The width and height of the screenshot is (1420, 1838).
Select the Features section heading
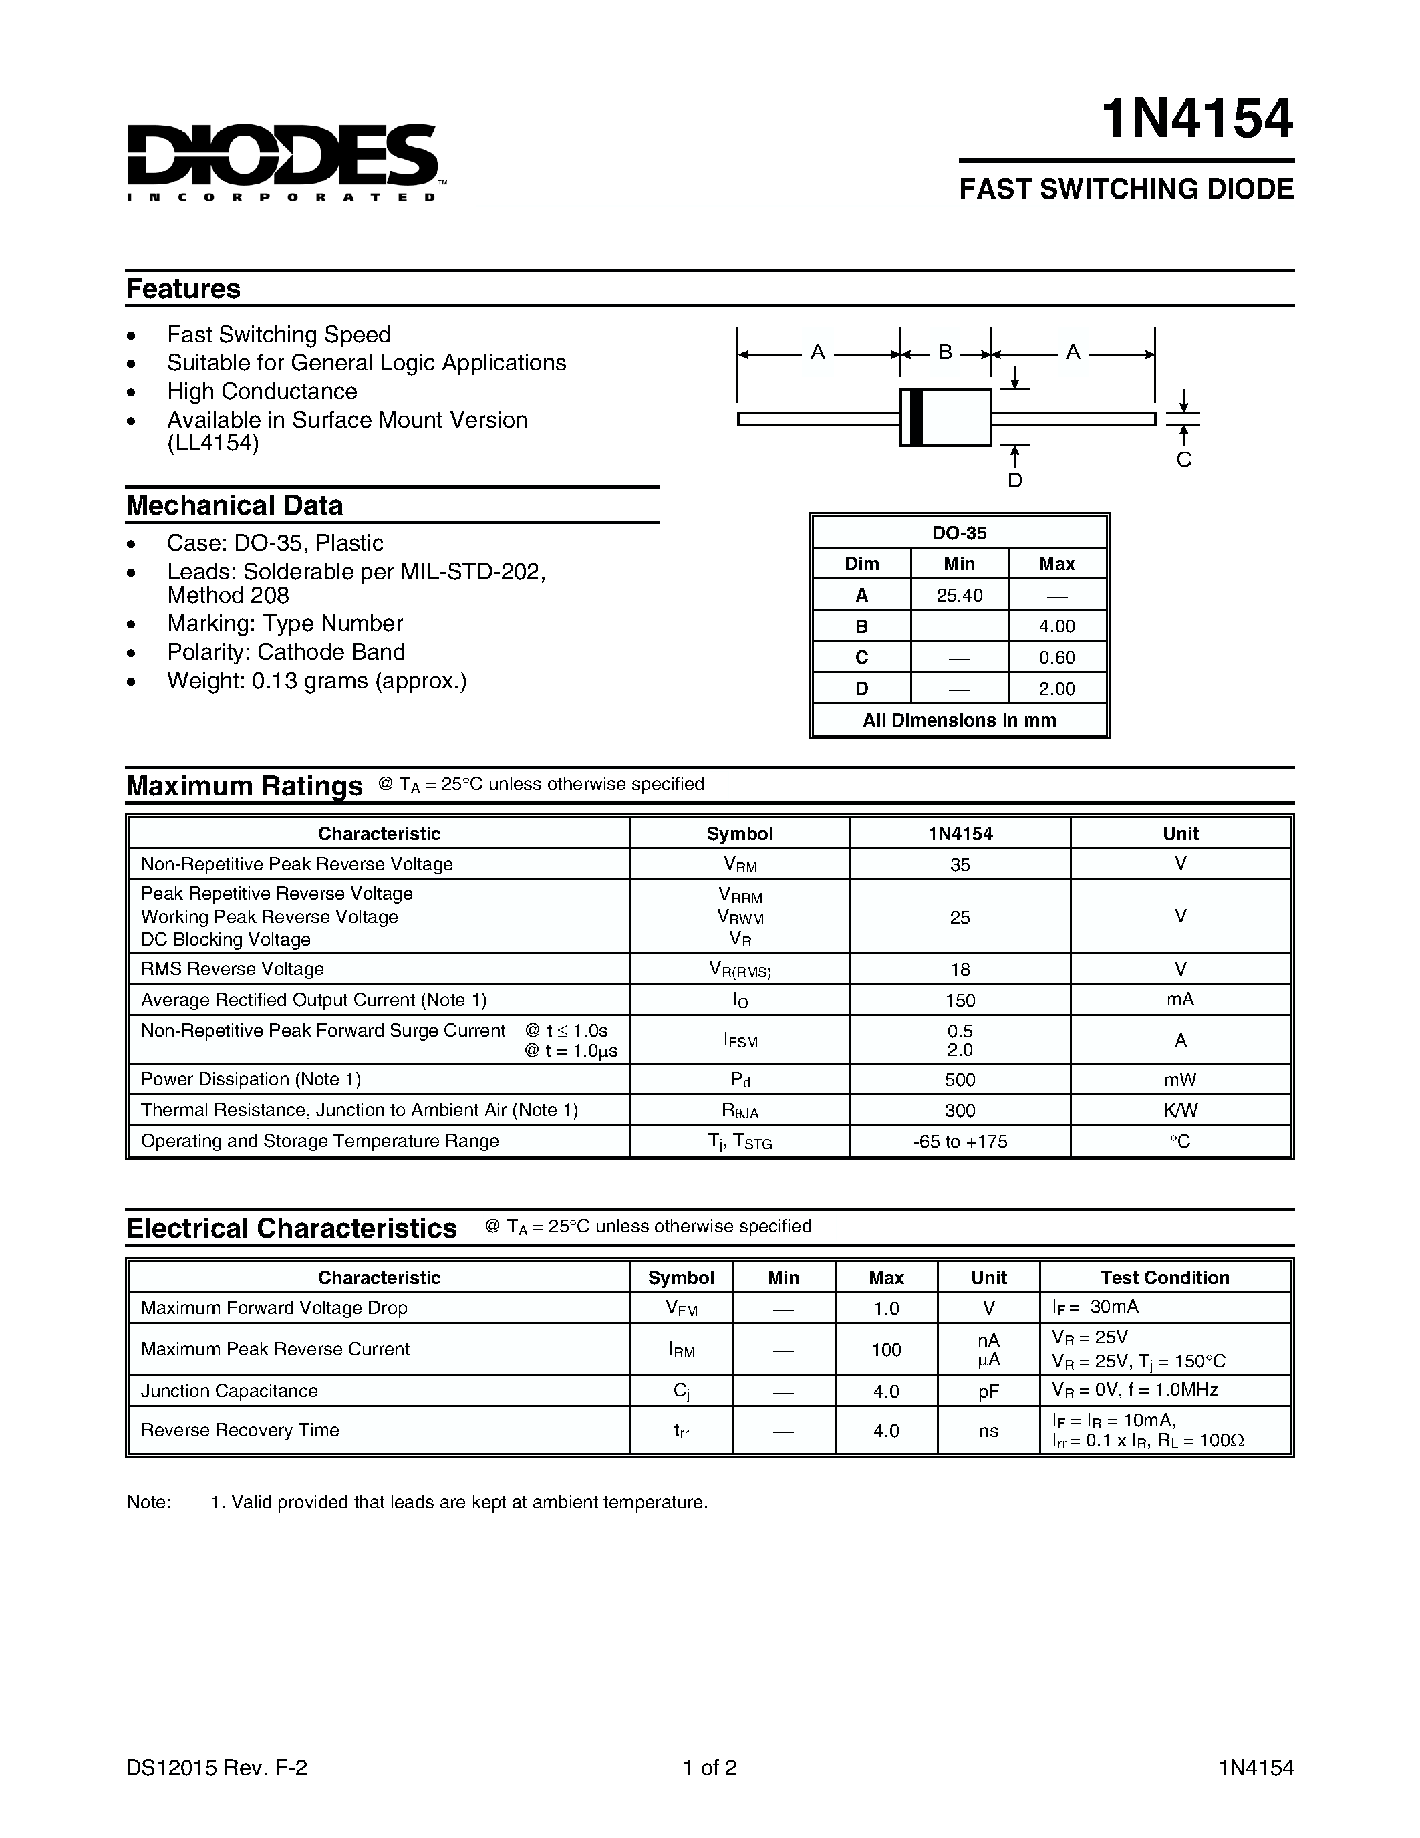coord(182,289)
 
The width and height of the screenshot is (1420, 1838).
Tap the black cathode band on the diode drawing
coord(916,418)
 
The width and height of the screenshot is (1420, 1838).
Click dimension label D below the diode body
coord(1014,481)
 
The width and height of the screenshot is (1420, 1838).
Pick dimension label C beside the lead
coord(1183,460)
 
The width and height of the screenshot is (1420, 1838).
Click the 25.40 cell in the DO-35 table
coord(959,595)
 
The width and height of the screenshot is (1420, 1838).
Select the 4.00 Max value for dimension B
coord(1056,626)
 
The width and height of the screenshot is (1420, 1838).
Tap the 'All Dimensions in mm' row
coord(959,720)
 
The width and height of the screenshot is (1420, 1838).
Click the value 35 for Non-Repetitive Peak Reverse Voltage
coord(959,864)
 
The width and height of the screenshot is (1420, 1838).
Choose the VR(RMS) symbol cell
coord(740,970)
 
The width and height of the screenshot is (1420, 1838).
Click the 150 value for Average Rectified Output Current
coord(959,1000)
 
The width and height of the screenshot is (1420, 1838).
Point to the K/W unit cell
coord(1179,1110)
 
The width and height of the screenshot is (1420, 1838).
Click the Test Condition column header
coord(1164,1277)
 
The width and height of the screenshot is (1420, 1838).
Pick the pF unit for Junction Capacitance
coord(988,1391)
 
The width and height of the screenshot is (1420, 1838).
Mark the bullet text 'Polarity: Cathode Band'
coord(285,652)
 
